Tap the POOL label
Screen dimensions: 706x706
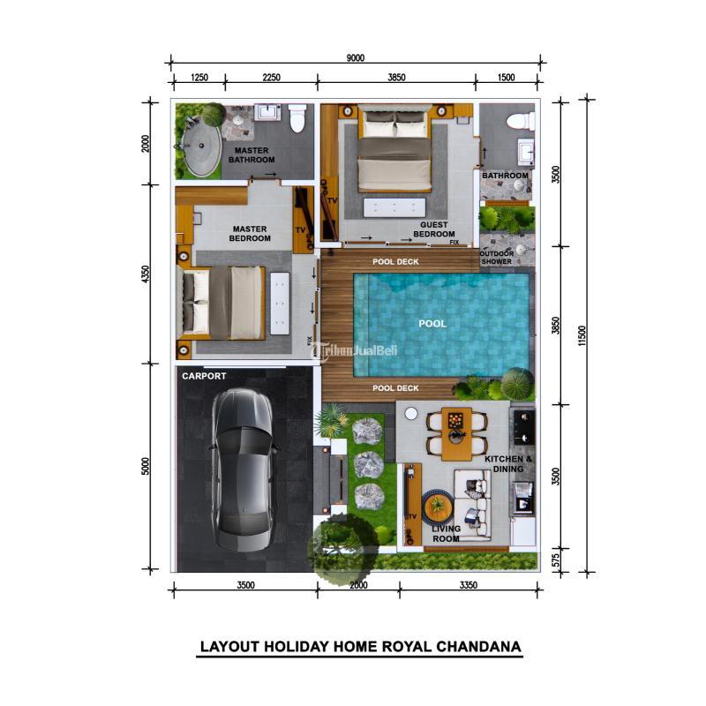(x=432, y=324)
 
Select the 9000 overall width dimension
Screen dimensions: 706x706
(x=356, y=58)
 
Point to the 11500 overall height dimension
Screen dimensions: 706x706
(x=582, y=335)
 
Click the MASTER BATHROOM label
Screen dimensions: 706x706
(x=252, y=155)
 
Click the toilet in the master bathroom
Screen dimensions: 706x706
(x=297, y=117)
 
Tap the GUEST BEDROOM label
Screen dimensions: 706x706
(x=433, y=229)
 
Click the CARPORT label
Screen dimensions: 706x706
(x=204, y=376)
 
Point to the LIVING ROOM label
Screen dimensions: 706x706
(x=446, y=533)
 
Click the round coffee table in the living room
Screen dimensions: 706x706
(x=437, y=508)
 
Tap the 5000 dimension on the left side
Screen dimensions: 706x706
(x=146, y=466)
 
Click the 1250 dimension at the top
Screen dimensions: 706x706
(x=199, y=78)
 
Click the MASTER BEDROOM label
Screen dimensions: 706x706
(x=251, y=234)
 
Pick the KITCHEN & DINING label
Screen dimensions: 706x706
(x=508, y=464)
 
